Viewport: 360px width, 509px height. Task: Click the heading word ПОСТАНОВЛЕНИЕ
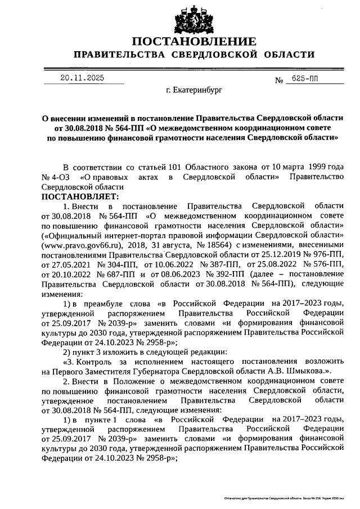pos(193,42)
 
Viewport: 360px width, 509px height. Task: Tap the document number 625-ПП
pos(304,80)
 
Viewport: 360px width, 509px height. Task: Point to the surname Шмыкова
pos(305,371)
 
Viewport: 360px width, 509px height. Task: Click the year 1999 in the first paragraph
pos(308,168)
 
